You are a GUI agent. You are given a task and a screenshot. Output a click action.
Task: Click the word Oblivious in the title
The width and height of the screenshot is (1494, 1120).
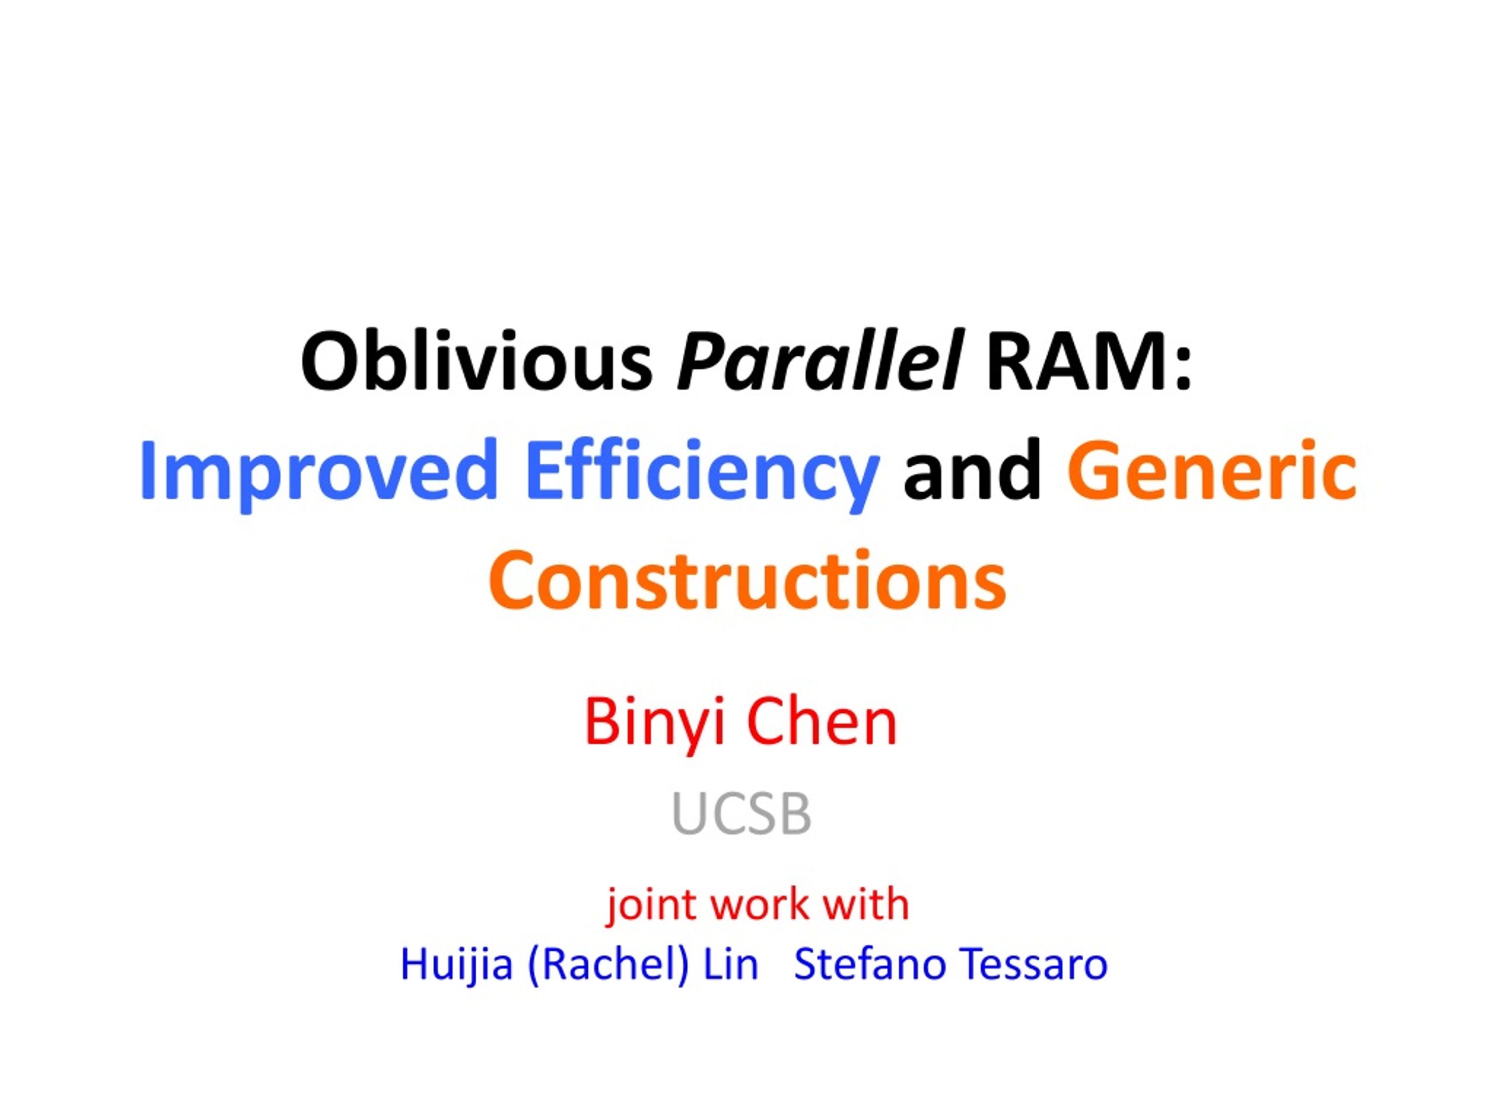coord(477,360)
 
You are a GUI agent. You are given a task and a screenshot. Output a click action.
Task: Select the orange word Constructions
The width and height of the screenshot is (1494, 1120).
coord(747,579)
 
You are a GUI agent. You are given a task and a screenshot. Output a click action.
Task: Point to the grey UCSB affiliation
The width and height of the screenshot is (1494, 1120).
coord(742,815)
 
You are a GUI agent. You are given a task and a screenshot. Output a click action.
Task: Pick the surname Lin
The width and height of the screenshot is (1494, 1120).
coord(731,964)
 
